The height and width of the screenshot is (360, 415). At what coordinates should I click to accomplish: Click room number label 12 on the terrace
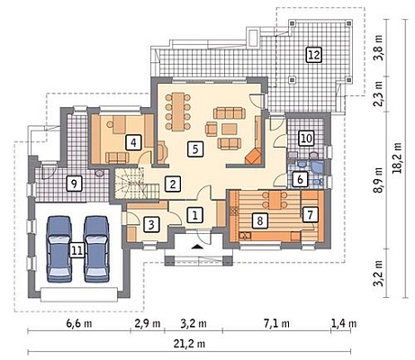coord(314,55)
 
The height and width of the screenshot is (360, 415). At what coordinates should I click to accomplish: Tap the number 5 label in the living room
coord(195,148)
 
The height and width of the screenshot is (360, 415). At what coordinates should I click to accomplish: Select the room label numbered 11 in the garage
coord(77,250)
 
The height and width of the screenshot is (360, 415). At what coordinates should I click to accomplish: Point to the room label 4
coord(133,142)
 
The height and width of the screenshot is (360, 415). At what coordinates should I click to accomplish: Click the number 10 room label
coord(306,139)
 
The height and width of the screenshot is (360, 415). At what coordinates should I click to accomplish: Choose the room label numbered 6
coord(300,179)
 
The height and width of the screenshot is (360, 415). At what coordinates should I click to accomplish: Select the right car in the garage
coord(96,249)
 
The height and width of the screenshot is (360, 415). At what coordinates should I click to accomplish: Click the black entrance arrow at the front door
coord(196,247)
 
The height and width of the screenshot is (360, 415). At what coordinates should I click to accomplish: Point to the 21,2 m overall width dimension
coord(189,344)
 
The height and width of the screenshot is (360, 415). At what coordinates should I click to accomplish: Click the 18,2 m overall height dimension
coord(397,157)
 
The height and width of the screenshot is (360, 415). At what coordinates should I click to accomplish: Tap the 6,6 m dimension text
coord(79,324)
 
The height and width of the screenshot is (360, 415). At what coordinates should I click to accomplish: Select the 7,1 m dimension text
coord(276,324)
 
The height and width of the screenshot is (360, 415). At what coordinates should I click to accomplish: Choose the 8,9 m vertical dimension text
coord(379,180)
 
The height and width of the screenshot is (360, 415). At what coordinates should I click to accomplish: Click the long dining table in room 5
coord(178,112)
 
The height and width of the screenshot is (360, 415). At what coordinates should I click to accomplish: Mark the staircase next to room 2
coord(137,184)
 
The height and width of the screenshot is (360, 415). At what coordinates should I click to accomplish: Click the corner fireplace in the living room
coord(253,156)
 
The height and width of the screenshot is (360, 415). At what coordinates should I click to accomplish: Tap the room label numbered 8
coord(260,220)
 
